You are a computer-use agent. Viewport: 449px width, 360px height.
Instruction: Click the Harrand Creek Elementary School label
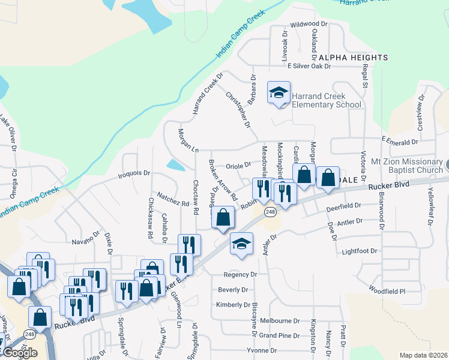[x=327, y=100]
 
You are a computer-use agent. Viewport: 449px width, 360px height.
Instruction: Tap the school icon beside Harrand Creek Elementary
[x=279, y=93]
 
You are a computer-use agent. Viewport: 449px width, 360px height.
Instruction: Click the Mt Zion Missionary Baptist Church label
[x=406, y=166]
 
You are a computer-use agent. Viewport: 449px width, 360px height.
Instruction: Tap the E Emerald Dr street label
[x=399, y=142]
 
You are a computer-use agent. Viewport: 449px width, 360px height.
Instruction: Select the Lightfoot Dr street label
[x=359, y=251]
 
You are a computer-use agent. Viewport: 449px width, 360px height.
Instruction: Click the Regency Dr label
[x=240, y=274]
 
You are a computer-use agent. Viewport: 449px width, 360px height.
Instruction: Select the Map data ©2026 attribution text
[x=423, y=355]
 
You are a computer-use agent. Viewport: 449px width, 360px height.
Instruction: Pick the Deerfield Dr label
[x=343, y=206]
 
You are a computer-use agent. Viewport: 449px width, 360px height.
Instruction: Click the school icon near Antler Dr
[x=241, y=244]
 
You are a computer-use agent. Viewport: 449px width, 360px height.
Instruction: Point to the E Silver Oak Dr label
[x=309, y=66]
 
